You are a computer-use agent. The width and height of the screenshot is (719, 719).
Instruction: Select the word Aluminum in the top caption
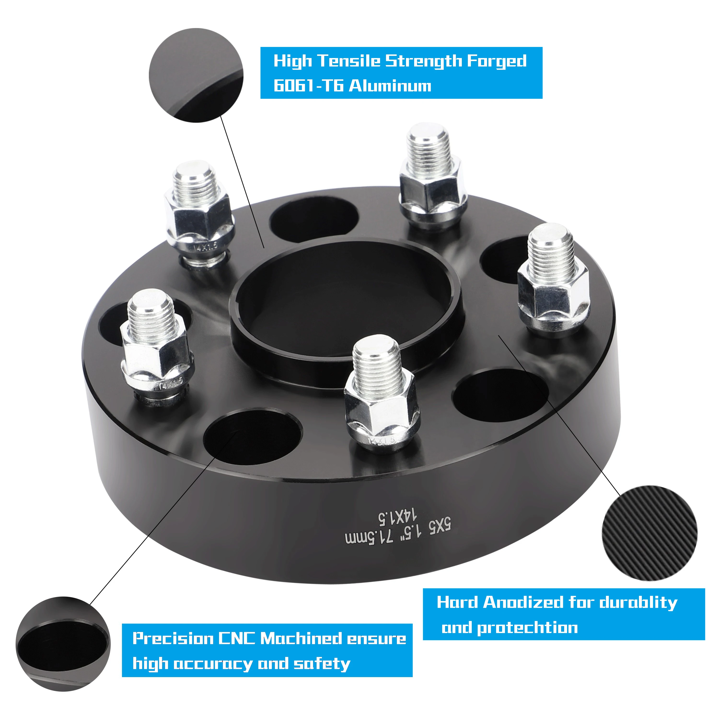click(x=390, y=86)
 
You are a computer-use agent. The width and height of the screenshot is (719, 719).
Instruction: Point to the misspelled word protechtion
click(x=527, y=628)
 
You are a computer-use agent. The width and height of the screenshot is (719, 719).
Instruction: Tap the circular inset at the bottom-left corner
click(x=63, y=644)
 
